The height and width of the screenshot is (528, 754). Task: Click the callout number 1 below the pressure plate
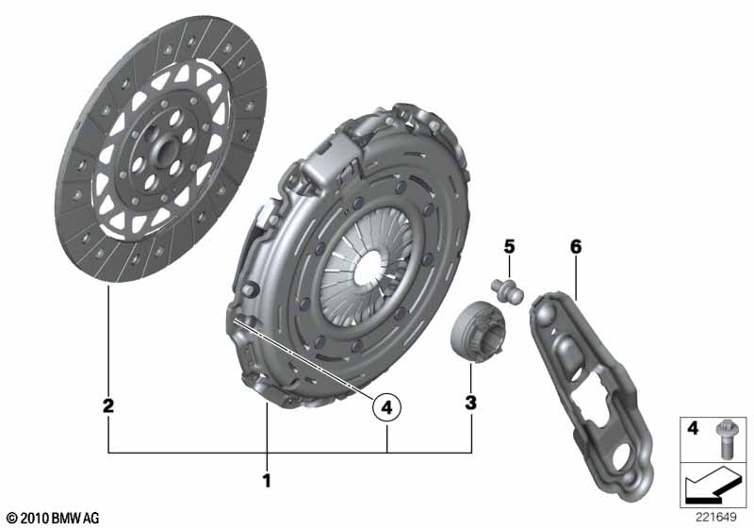click(267, 480)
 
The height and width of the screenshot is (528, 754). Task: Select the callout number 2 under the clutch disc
click(108, 405)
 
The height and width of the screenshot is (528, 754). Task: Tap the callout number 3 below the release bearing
click(470, 402)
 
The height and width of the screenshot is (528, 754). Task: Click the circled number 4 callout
click(386, 407)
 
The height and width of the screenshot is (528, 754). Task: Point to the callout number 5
click(509, 247)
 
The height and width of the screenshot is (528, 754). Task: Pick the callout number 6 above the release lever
click(576, 247)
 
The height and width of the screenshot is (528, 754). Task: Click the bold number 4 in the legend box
click(693, 427)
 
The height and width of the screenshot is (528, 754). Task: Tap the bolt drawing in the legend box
click(724, 439)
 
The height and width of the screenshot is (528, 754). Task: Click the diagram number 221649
click(715, 518)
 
